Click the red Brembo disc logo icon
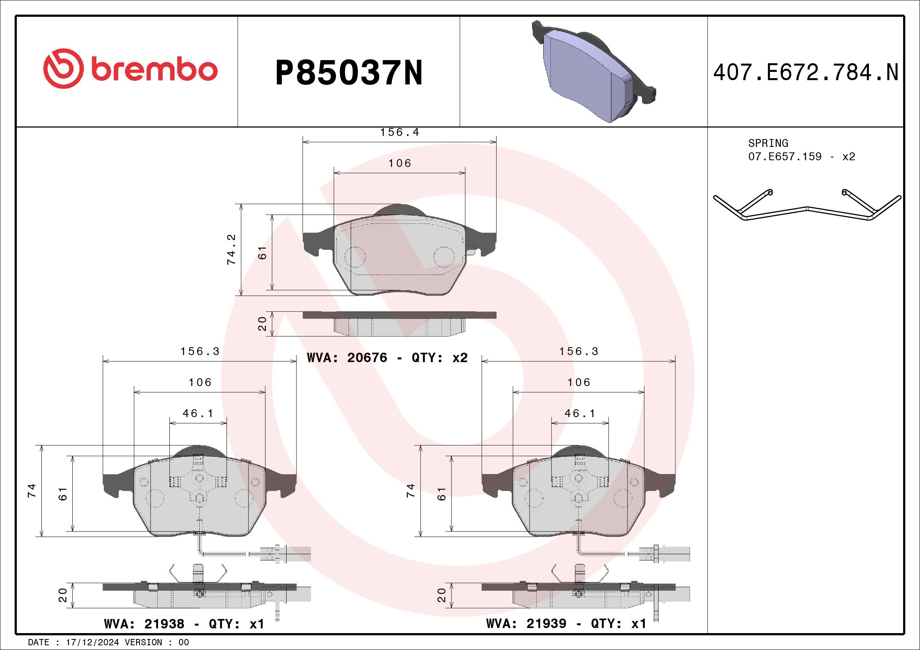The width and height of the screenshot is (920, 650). [64, 69]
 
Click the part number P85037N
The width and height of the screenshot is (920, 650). [349, 73]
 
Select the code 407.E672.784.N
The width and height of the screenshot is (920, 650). [806, 73]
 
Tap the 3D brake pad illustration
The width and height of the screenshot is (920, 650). [593, 72]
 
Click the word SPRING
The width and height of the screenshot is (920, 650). [768, 143]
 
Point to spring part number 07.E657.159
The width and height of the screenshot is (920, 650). [785, 156]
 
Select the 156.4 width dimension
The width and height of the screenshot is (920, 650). [399, 132]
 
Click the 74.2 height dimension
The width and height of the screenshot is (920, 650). [232, 250]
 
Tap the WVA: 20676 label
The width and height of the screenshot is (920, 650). [347, 357]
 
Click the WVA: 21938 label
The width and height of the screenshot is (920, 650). [144, 624]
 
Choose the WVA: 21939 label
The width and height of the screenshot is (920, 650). [526, 624]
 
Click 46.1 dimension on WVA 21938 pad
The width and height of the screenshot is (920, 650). [198, 413]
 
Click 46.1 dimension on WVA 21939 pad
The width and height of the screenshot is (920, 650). [580, 413]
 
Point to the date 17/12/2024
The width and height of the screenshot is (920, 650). [92, 642]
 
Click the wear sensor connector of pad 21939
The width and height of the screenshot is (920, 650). [665, 554]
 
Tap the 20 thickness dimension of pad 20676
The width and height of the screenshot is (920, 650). [262, 323]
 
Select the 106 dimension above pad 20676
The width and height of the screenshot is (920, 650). [399, 163]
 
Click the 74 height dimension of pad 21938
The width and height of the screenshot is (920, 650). [32, 491]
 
